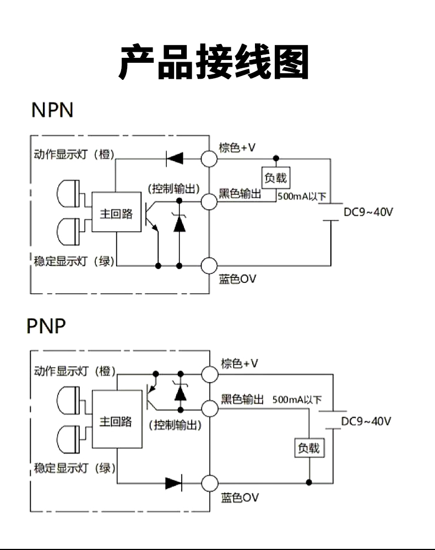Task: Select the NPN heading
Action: coord(52,110)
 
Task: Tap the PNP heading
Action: coord(46,326)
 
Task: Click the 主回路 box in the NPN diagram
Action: coord(116,213)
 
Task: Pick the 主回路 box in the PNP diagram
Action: coord(116,421)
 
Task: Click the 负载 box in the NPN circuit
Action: coord(276,178)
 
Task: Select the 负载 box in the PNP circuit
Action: coord(308,448)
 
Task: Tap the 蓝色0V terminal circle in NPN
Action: coord(210,266)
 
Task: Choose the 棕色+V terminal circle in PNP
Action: coord(210,374)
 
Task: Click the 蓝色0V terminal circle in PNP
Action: coord(210,483)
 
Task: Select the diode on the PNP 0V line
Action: coord(173,483)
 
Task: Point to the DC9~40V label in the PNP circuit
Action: coord(366,422)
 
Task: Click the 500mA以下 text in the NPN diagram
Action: coord(302,197)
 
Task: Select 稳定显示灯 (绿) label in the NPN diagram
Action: coord(74,261)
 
